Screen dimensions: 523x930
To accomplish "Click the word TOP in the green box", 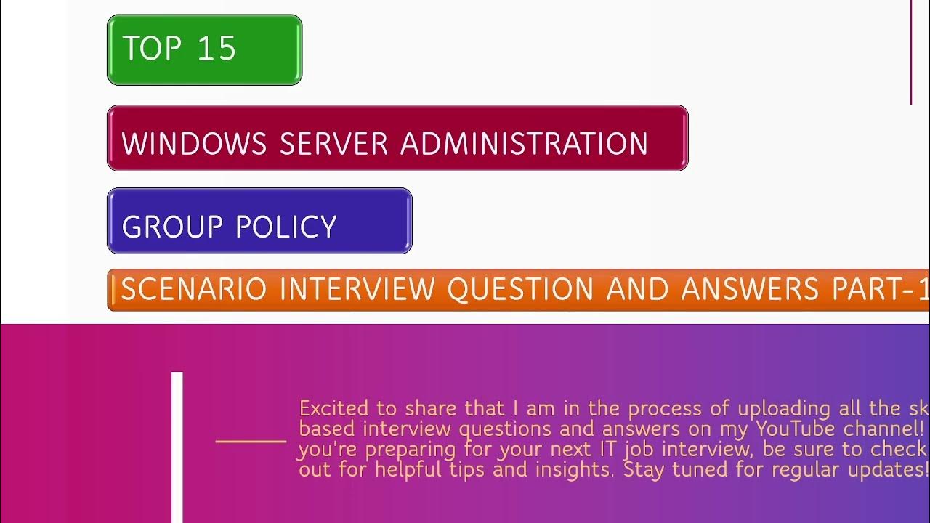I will [x=151, y=49].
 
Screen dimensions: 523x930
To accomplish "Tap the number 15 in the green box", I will [x=217, y=49].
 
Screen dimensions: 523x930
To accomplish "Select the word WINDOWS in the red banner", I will [x=194, y=144].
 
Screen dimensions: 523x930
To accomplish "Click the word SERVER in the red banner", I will [x=333, y=144].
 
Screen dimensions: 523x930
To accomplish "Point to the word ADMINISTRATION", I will [x=524, y=144].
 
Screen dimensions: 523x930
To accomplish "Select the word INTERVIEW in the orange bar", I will [x=357, y=290].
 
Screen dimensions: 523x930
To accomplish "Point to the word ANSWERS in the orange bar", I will [x=749, y=290].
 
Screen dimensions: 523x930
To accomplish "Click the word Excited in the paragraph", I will [x=333, y=408].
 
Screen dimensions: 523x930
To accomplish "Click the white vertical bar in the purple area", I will [x=177, y=447].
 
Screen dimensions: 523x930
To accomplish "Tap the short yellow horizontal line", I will [x=251, y=441].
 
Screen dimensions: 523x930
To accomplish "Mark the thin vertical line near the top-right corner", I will [x=911, y=51].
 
